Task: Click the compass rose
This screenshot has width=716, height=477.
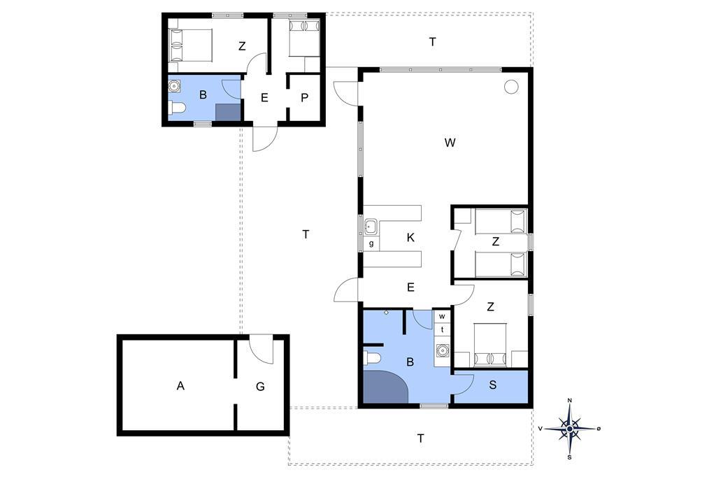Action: point(569,429)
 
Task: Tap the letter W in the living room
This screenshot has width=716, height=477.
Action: point(450,143)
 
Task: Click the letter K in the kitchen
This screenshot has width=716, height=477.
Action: point(410,238)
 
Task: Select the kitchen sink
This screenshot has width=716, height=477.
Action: point(371,226)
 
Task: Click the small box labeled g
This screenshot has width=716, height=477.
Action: point(371,243)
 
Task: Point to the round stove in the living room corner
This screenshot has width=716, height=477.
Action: point(511,86)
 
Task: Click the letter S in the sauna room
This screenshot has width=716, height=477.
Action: point(493,385)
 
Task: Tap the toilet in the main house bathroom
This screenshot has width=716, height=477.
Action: point(372,358)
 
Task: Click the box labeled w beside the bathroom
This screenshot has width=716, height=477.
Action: point(442,316)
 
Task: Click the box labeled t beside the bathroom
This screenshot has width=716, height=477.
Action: point(442,329)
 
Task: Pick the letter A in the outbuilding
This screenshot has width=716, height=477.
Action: point(180,386)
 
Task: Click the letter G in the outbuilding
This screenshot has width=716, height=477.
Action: point(260,387)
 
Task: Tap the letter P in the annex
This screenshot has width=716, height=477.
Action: point(305,98)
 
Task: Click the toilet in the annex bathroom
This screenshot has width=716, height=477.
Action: point(177,108)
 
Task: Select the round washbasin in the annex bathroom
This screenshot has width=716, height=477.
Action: point(174,85)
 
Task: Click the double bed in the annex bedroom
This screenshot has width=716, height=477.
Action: point(190,45)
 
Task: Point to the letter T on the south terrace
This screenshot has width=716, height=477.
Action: point(420,439)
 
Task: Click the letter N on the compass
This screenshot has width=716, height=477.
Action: point(569,401)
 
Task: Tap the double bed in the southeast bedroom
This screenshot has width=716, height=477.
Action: point(490,345)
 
